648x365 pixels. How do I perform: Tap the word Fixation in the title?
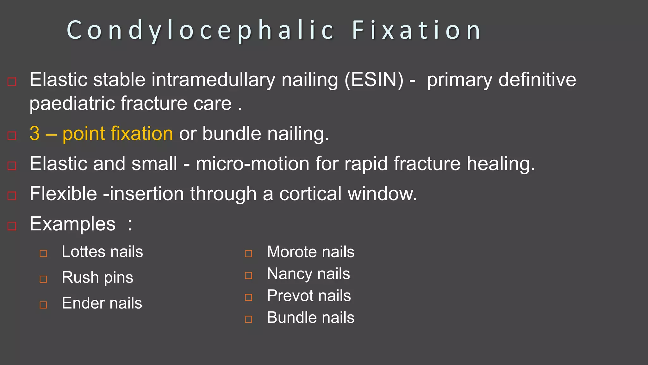417,30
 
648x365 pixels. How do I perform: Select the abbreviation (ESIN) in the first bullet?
374,80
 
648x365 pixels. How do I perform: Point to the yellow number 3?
35,133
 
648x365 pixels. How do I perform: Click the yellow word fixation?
141,133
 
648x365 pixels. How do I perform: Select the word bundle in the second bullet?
232,133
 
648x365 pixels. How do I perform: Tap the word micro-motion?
252,164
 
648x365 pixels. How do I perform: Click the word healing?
501,164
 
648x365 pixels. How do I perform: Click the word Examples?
72,224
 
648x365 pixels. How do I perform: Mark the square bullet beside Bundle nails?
249,319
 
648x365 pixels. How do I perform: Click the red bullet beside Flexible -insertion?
12,196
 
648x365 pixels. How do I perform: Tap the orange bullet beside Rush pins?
43,279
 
